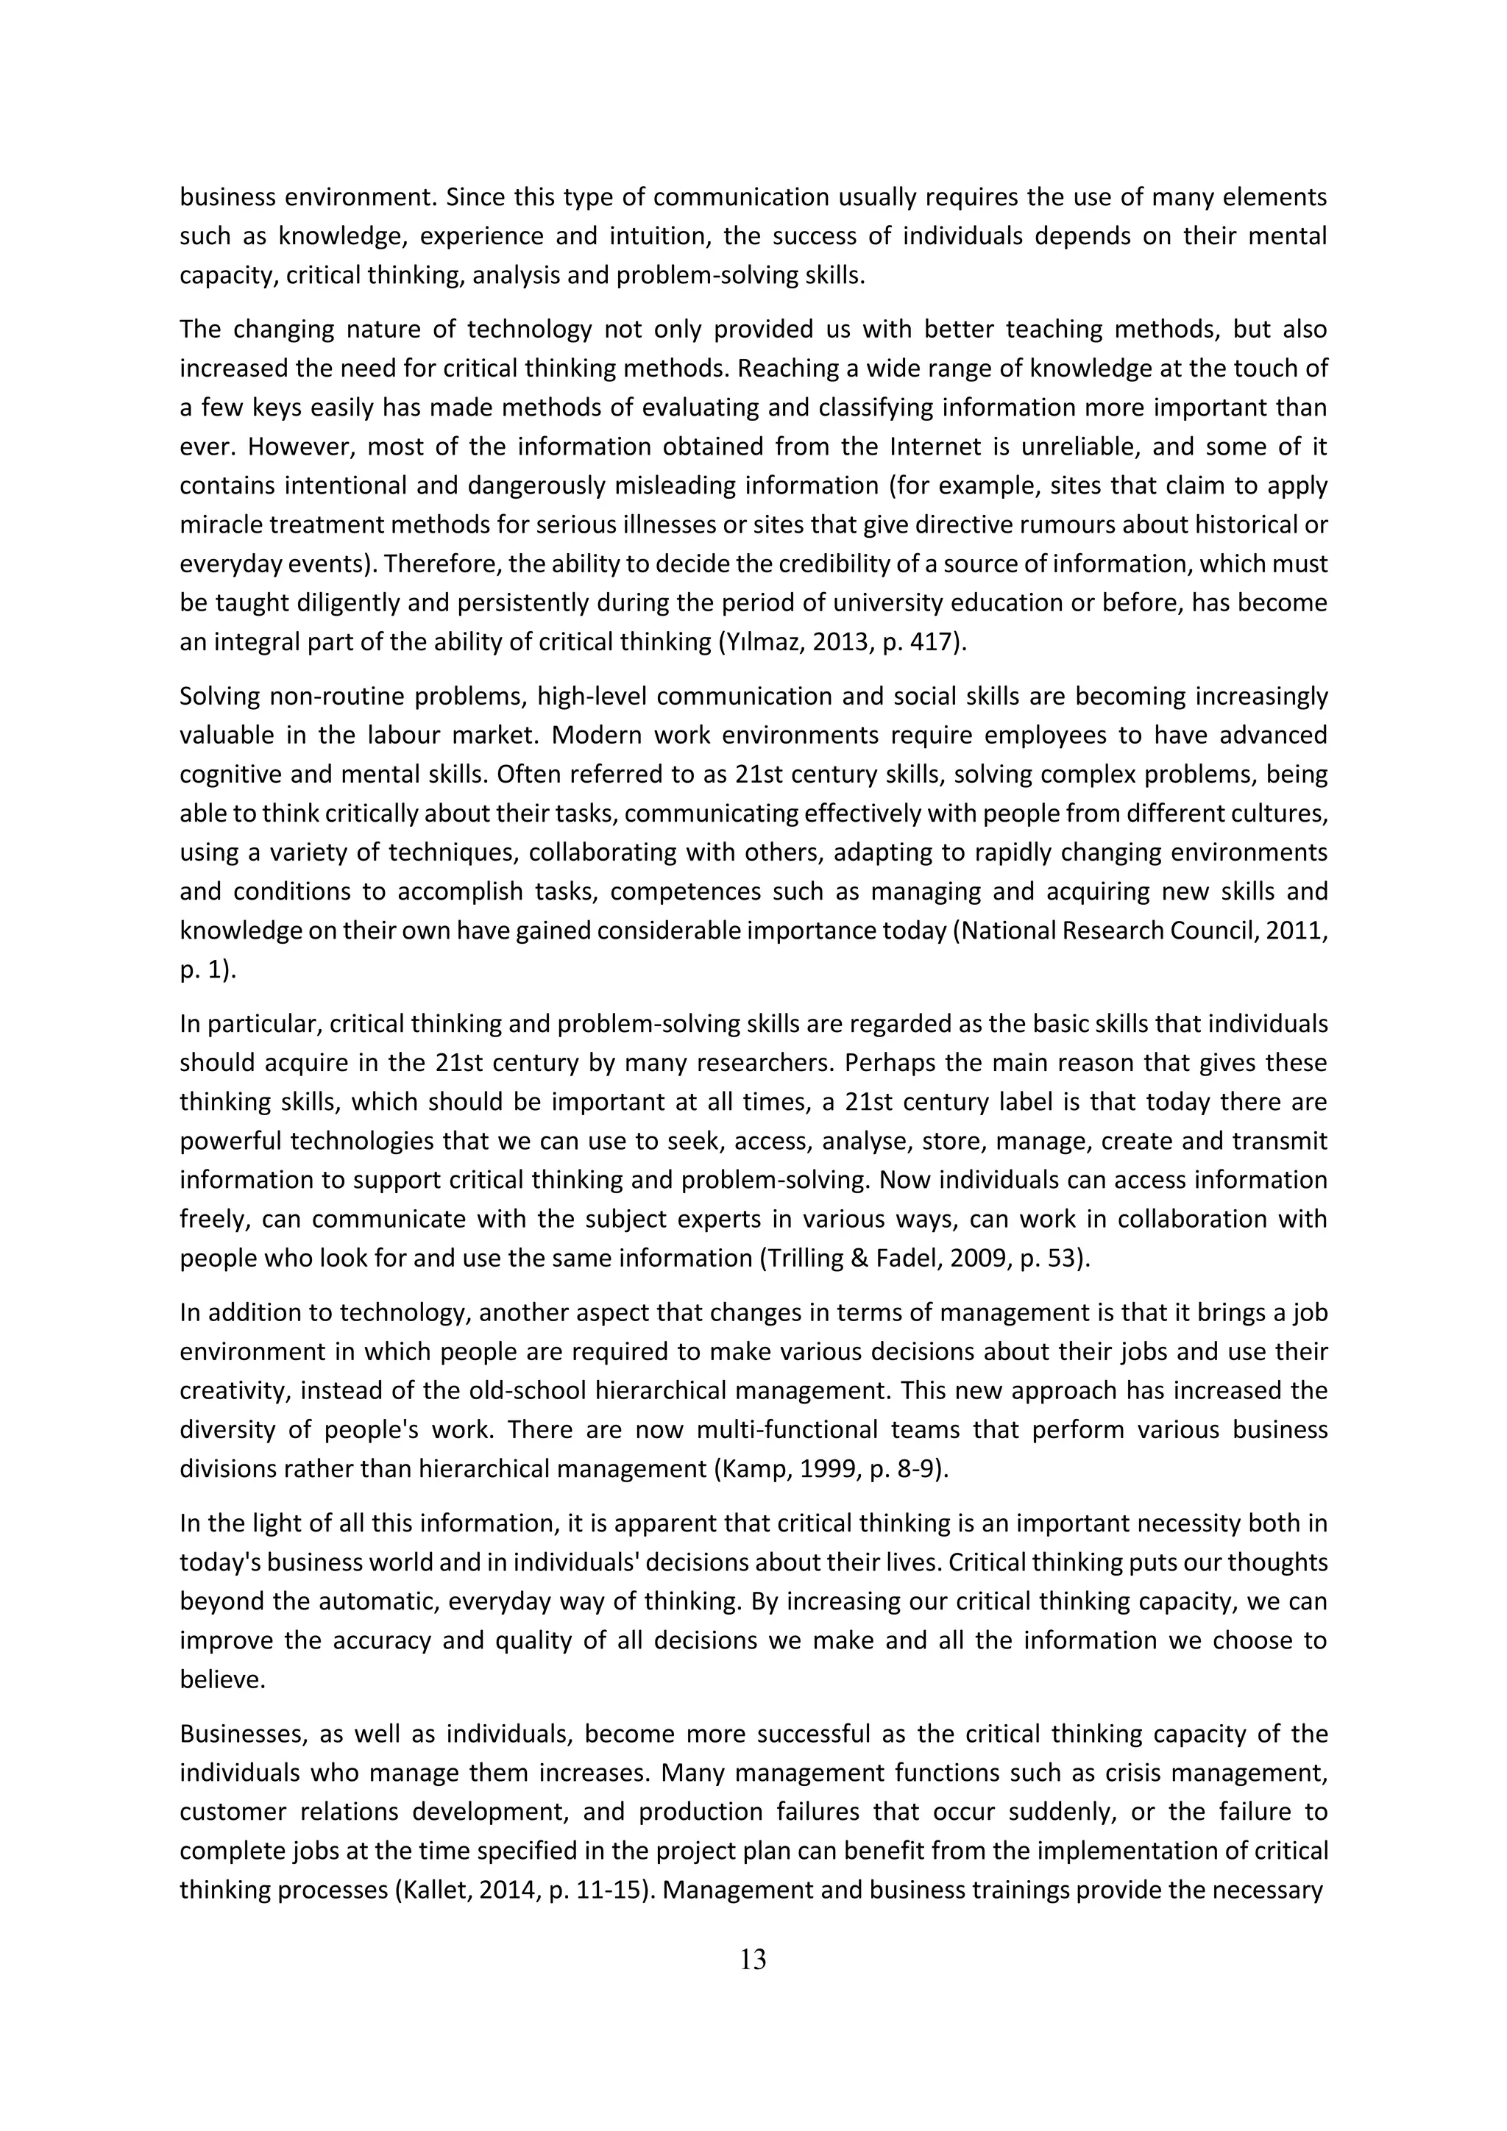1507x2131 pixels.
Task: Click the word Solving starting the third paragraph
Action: click(x=217, y=696)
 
